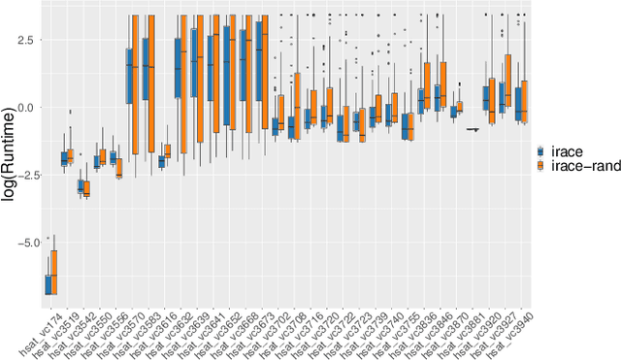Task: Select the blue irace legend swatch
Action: [x=543, y=151]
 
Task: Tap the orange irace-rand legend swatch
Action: [x=543, y=168]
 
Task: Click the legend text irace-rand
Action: [x=582, y=168]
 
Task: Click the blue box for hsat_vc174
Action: [x=49, y=284]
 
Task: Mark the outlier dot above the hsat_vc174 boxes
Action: [x=49, y=238]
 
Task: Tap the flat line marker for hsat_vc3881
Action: [x=473, y=129]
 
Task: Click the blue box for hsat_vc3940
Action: [x=519, y=103]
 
